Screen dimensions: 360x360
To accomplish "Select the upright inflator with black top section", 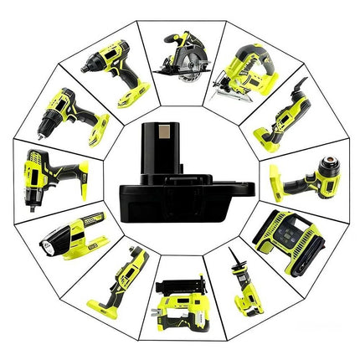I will click(x=178, y=302).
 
